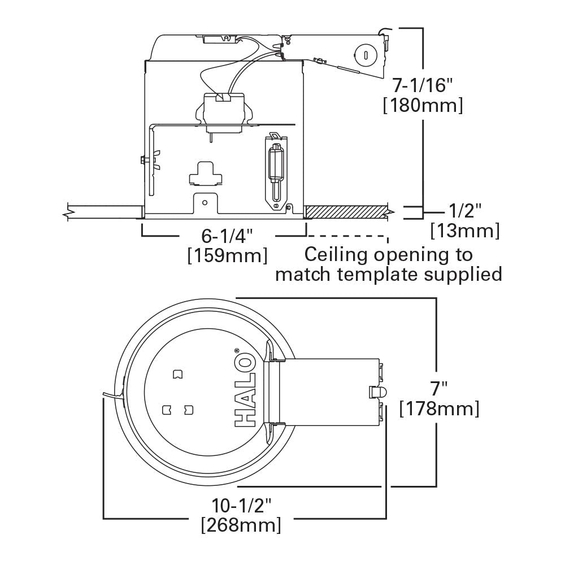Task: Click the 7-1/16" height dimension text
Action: click(423, 85)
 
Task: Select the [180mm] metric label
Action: click(423, 106)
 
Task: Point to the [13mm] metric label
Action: click(465, 231)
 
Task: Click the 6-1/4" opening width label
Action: click(227, 236)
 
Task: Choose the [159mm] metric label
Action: click(227, 255)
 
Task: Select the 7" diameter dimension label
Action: click(439, 388)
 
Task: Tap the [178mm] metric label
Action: click(439, 408)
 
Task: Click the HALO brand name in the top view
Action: click(244, 390)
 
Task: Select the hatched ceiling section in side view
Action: click(346, 212)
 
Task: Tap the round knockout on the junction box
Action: click(364, 55)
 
